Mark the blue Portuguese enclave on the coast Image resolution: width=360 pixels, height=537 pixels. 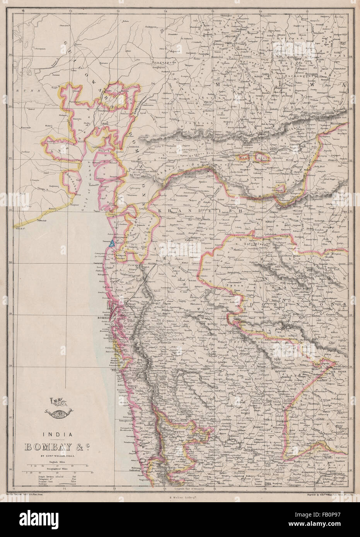(112, 243)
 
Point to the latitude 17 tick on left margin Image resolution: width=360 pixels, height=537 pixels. (14, 418)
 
